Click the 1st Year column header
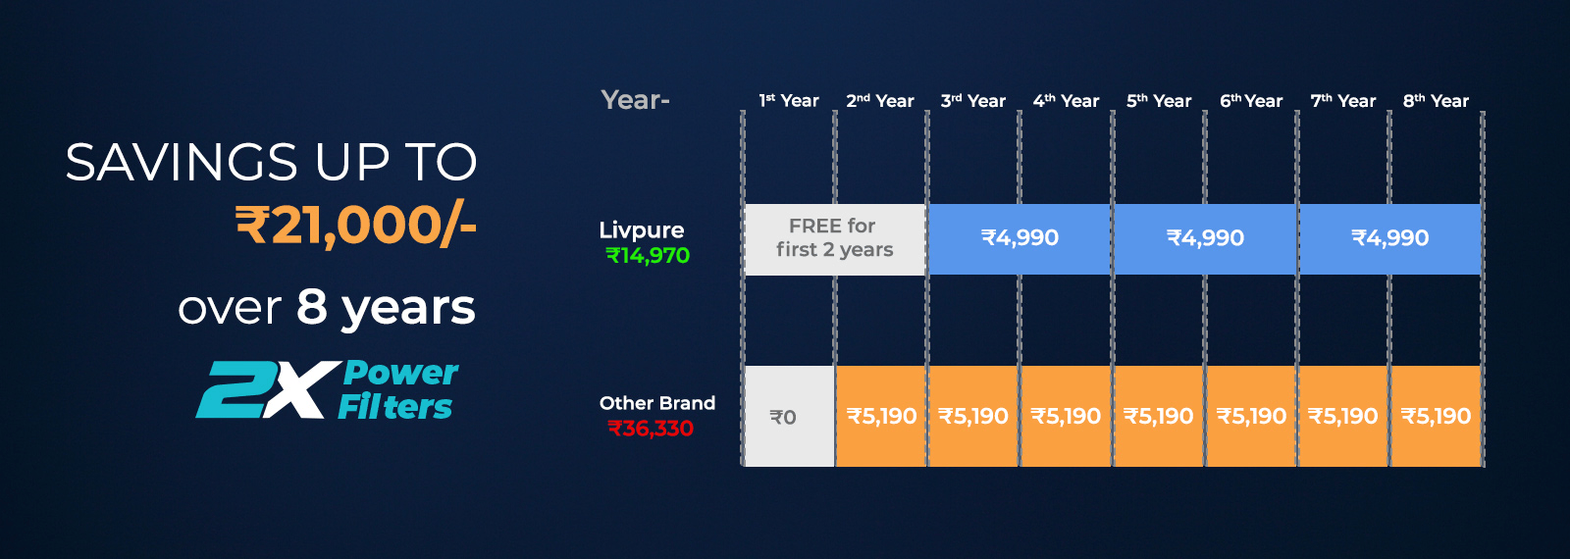click(789, 101)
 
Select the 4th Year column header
click(1066, 101)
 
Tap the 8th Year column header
click(1436, 101)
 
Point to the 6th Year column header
click(1251, 101)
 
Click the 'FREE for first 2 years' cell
click(835, 239)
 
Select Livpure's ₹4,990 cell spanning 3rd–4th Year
click(1020, 239)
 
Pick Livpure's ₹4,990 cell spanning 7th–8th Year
click(1389, 239)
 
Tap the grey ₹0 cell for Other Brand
click(789, 416)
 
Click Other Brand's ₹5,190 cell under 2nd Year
click(881, 416)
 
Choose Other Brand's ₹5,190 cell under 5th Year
click(1159, 416)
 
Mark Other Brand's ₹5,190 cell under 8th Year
click(1436, 416)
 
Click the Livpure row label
click(642, 230)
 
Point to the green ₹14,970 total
click(648, 256)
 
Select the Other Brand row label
click(657, 403)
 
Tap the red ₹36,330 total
click(651, 428)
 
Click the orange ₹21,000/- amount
click(356, 226)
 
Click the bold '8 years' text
click(386, 308)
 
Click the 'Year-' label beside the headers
click(635, 100)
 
